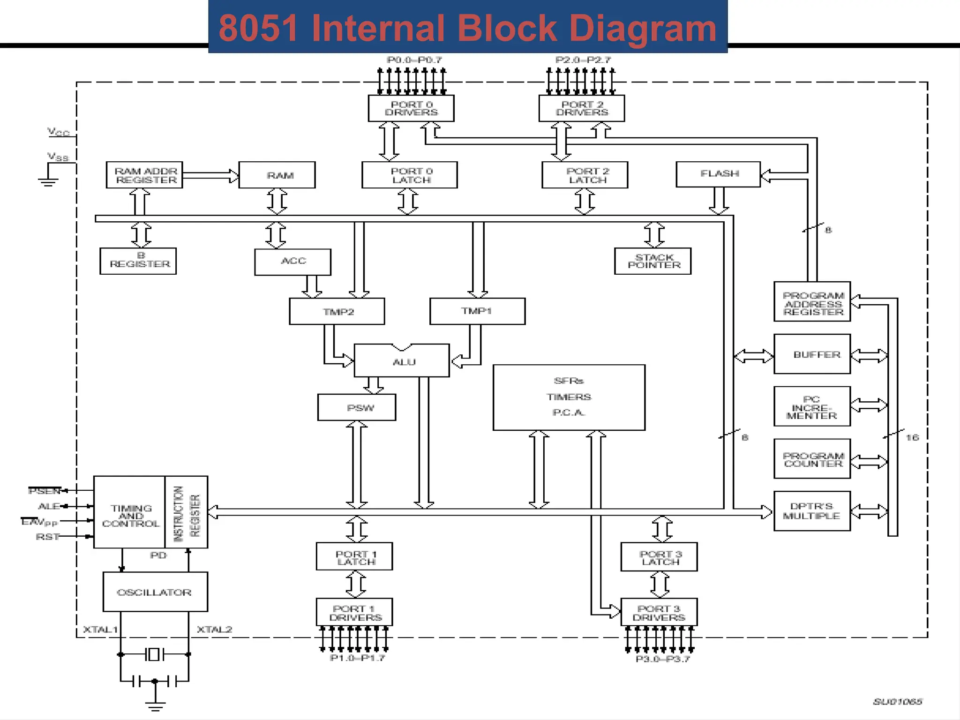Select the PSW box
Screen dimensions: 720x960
click(x=357, y=407)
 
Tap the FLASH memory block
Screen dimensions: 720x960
click(x=718, y=174)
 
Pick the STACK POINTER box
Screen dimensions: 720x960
click(x=652, y=261)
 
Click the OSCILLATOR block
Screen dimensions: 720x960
click(x=155, y=592)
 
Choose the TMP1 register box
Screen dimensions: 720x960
click(x=477, y=311)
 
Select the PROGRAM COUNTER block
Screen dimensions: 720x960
click(x=812, y=459)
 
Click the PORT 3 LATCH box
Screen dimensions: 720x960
click(x=659, y=557)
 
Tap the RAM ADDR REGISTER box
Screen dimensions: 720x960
click(x=144, y=175)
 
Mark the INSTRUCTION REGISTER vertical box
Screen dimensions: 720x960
click(x=187, y=512)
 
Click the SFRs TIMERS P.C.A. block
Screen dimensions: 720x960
click(x=569, y=397)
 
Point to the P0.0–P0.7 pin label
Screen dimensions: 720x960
click(x=414, y=60)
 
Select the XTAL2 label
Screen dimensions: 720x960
click(x=214, y=630)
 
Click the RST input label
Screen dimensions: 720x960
click(x=48, y=537)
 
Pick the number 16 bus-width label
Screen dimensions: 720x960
click(x=912, y=437)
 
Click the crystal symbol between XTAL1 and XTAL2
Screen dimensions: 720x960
click(x=154, y=654)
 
